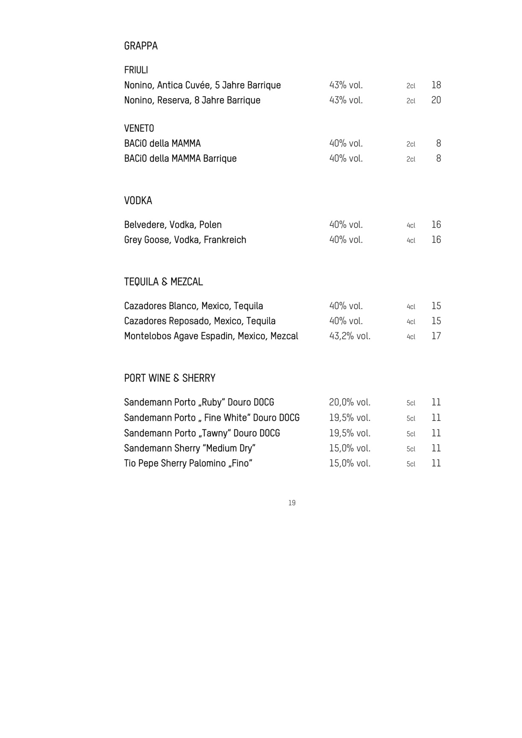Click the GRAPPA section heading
pos(141,46)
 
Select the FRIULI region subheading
pos(136,70)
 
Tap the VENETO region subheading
pos(139,128)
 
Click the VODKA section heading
pos(138,201)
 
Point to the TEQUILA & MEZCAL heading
pos(163,282)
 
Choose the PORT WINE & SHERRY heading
pos(170,378)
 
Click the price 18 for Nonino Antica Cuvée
pos(436,85)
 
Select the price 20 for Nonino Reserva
pos(436,100)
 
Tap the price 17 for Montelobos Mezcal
pos(436,336)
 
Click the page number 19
pos(292,503)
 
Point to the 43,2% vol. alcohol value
pos(349,336)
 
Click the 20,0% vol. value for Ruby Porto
pos(349,403)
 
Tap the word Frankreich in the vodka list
pos(225,240)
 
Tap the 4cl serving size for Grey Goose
pos(411,240)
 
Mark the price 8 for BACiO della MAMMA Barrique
pos(438,159)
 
